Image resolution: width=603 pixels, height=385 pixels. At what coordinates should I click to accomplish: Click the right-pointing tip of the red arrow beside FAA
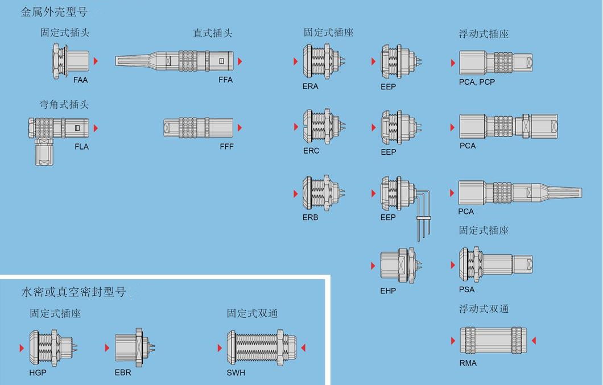98,61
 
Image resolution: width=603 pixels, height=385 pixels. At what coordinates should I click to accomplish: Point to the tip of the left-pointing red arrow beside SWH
301,347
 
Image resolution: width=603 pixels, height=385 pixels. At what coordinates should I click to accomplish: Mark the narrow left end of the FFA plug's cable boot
115,61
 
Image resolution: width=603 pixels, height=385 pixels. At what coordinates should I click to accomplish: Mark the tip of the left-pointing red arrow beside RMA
531,341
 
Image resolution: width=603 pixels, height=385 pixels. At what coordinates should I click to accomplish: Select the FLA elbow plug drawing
59,141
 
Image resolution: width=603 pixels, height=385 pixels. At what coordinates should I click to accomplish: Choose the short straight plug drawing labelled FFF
199,128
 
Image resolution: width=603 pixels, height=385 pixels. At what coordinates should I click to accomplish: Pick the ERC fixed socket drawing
324,126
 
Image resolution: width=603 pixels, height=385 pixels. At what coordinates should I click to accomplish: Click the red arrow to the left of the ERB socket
296,193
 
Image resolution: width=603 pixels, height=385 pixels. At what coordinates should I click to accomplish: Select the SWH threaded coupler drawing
261,347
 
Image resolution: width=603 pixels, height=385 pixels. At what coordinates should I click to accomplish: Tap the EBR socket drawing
135,347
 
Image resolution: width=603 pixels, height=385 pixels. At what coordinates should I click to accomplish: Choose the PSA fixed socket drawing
495,264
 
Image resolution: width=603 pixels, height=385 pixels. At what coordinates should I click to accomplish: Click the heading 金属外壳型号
54,12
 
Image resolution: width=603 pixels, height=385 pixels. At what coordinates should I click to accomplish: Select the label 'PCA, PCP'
477,82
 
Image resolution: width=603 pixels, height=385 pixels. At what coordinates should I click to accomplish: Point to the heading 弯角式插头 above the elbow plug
64,105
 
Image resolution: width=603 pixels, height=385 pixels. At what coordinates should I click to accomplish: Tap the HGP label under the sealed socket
38,372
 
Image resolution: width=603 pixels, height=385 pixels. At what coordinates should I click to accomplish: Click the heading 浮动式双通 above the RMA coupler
484,309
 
